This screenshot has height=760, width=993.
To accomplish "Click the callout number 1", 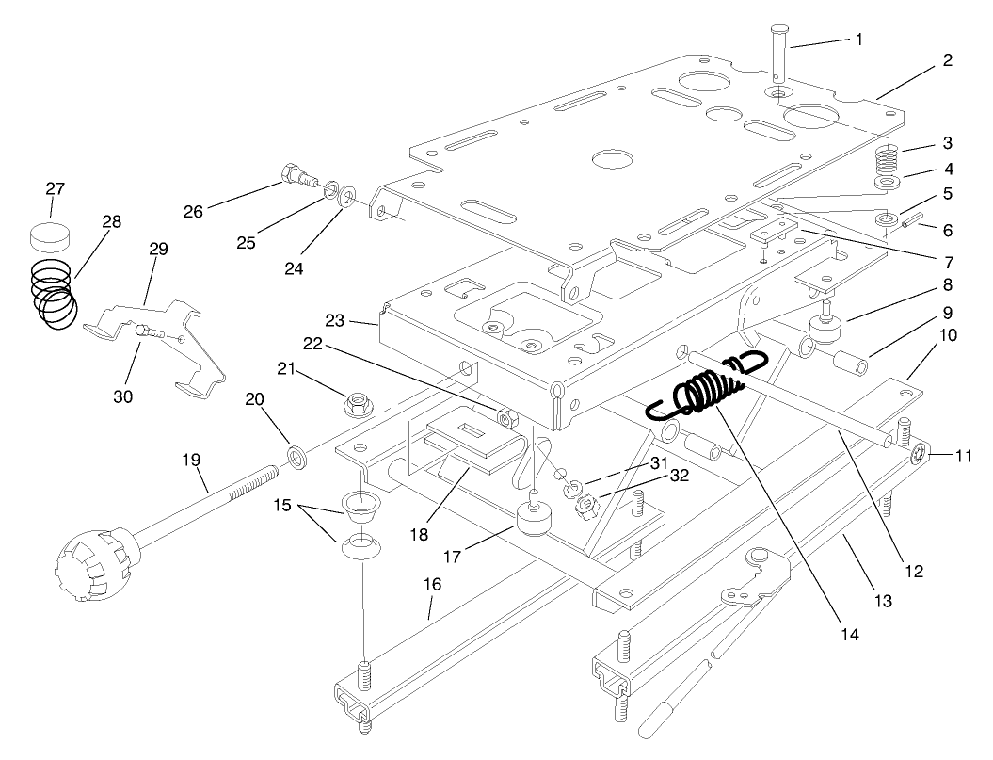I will point(858,40).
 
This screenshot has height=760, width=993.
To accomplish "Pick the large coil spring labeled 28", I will point(53,295).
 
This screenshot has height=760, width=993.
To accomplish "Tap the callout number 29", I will point(158,249).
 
